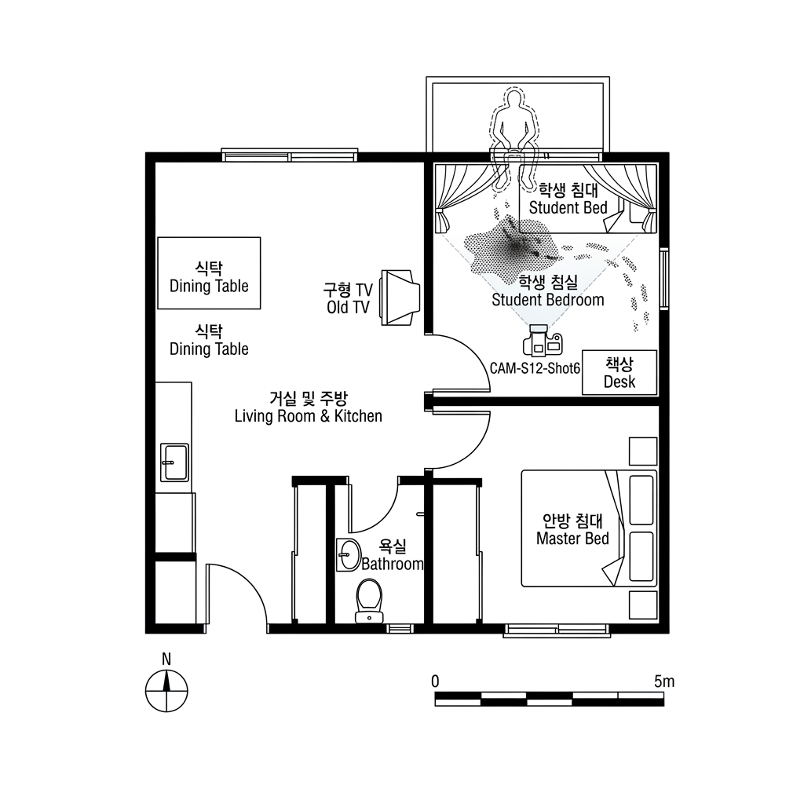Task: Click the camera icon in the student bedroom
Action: (x=543, y=341)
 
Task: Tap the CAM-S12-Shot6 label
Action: (x=535, y=368)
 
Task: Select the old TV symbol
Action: (x=400, y=298)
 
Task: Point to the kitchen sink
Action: (x=174, y=462)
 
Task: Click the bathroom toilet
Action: (x=369, y=601)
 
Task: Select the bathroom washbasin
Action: (x=348, y=555)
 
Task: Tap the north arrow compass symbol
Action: (x=166, y=691)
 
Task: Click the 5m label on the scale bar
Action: (x=664, y=682)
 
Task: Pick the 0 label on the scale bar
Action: (x=435, y=682)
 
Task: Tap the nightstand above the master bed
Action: (x=643, y=451)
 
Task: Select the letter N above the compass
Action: (x=166, y=660)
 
